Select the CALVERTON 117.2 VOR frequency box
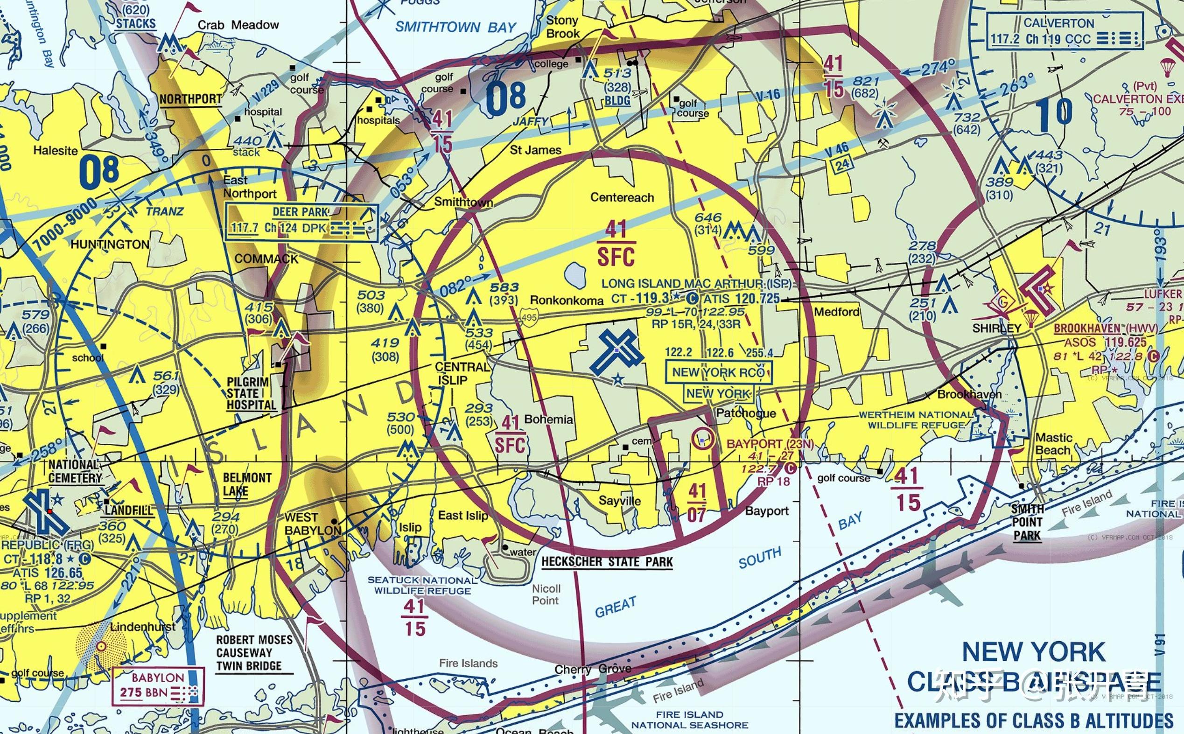[x=1064, y=32]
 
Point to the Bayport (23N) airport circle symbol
[x=703, y=438]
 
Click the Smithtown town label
[x=463, y=202]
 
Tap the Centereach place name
[x=622, y=197]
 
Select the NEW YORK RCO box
[x=718, y=373]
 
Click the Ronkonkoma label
[x=567, y=301]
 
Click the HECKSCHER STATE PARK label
[x=607, y=562]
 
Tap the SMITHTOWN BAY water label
[x=455, y=27]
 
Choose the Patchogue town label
[x=746, y=413]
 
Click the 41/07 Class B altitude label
[x=697, y=503]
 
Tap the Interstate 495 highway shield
[x=528, y=317]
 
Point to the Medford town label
[x=836, y=312]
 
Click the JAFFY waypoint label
[x=530, y=121]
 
